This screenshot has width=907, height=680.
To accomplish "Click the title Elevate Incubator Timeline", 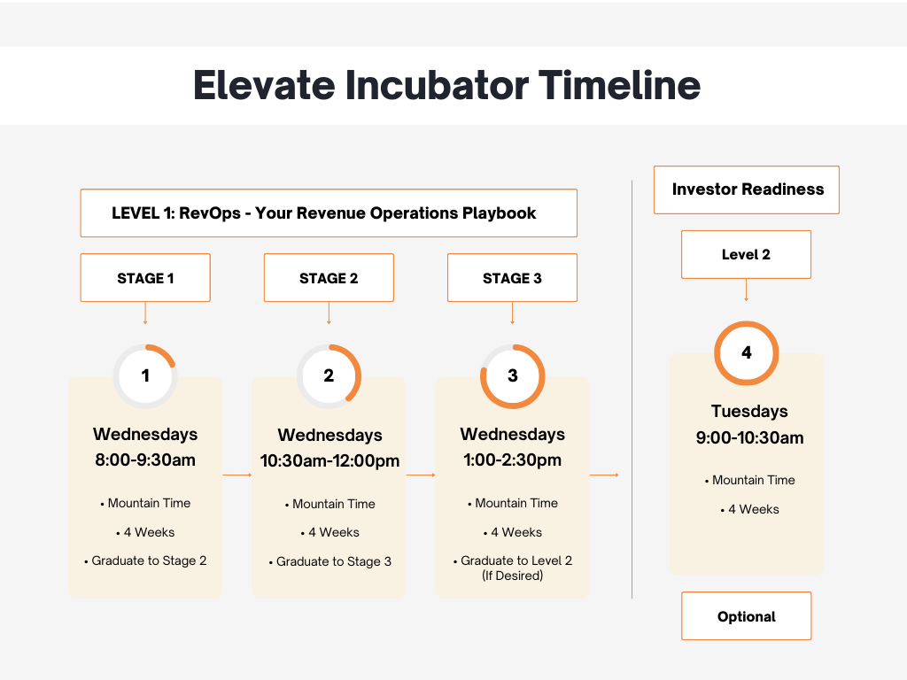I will point(446,86).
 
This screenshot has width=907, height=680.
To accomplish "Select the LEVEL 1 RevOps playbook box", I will point(329,212).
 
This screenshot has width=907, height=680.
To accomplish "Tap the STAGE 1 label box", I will point(145,278).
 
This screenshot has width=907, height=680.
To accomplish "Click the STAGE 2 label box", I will point(329,278).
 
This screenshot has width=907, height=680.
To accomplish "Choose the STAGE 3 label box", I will point(512,278).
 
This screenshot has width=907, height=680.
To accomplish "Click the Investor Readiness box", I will point(747,189).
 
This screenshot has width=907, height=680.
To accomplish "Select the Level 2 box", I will point(746,255).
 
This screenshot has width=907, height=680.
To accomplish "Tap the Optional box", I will point(746,616).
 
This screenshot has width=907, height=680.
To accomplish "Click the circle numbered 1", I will point(145,375).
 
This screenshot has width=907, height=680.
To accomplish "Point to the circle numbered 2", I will point(329,375).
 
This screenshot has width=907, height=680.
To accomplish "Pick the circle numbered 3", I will point(512,375).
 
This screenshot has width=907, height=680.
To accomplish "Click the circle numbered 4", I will point(746,352).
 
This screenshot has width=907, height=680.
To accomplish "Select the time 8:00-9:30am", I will point(145,460).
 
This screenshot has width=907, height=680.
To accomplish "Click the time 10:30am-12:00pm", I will point(329,460).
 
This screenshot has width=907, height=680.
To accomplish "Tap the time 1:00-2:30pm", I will point(512,460).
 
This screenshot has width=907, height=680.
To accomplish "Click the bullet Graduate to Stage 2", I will point(149,561).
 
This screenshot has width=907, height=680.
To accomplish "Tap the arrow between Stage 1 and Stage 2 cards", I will point(237,475).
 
